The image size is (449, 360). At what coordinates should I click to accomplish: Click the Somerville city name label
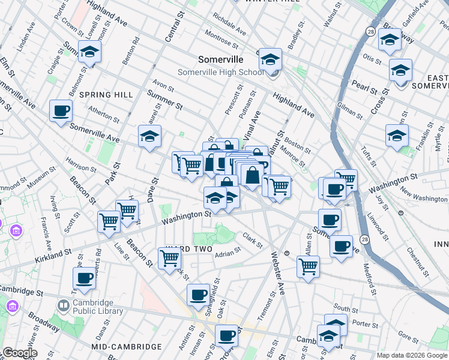click(x=221, y=59)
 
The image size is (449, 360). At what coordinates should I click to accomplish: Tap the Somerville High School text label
click(x=220, y=73)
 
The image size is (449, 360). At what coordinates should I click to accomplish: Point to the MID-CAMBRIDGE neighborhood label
click(x=127, y=347)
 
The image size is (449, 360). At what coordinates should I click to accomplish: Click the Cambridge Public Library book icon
click(x=63, y=307)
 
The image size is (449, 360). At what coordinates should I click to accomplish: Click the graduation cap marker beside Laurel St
click(x=149, y=136)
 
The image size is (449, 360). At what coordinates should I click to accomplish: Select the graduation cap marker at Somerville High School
click(x=270, y=59)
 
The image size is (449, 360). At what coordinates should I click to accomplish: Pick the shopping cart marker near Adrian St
click(x=170, y=258)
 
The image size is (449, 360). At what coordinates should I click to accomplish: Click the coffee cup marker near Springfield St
click(x=198, y=295)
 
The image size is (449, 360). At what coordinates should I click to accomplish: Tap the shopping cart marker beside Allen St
click(x=308, y=266)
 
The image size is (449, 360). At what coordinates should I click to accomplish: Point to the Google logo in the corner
click(x=20, y=353)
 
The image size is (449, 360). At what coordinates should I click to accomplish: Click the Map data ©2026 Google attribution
click(x=411, y=355)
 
